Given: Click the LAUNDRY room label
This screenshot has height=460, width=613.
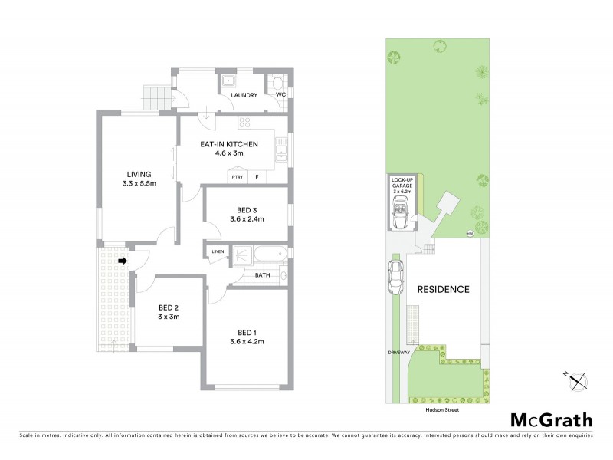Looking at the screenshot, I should (244, 95).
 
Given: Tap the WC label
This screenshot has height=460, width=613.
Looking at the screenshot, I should (281, 95).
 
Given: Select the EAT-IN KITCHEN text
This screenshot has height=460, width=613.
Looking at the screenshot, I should (229, 144).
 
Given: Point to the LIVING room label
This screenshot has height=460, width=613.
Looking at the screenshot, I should (138, 174).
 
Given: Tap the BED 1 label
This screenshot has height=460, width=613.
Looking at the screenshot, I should (247, 331).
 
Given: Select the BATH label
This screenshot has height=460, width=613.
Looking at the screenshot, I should (263, 274).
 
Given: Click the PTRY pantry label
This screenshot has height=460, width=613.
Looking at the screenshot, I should (237, 177).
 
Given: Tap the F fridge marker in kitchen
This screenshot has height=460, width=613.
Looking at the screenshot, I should (257, 177).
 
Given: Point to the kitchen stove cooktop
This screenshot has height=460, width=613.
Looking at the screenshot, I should (245, 123).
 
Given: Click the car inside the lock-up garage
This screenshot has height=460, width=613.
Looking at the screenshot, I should (401, 212).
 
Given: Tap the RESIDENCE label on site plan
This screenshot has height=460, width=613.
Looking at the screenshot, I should (443, 290).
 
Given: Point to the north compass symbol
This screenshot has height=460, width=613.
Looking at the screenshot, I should (576, 380).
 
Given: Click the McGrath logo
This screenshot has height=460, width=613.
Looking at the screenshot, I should (552, 419).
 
